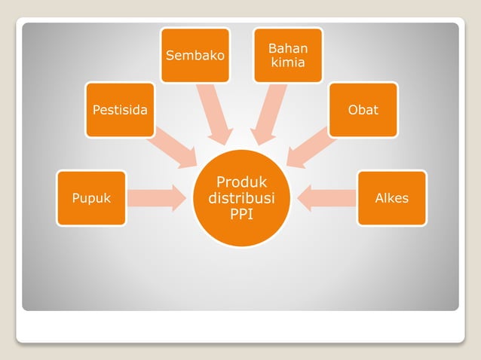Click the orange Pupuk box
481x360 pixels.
91,199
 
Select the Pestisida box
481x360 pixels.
120,110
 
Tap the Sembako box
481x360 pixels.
195,55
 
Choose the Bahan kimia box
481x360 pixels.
288,55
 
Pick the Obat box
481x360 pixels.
363,110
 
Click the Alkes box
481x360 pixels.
391,199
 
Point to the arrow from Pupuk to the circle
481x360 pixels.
157,198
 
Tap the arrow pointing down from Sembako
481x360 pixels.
216,114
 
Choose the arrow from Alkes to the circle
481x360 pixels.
326,198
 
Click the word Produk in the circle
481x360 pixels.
241,182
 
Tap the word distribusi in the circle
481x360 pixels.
241,198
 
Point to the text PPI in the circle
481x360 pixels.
241,214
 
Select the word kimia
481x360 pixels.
288,63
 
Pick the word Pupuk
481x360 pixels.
91,199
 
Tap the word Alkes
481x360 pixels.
391,199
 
